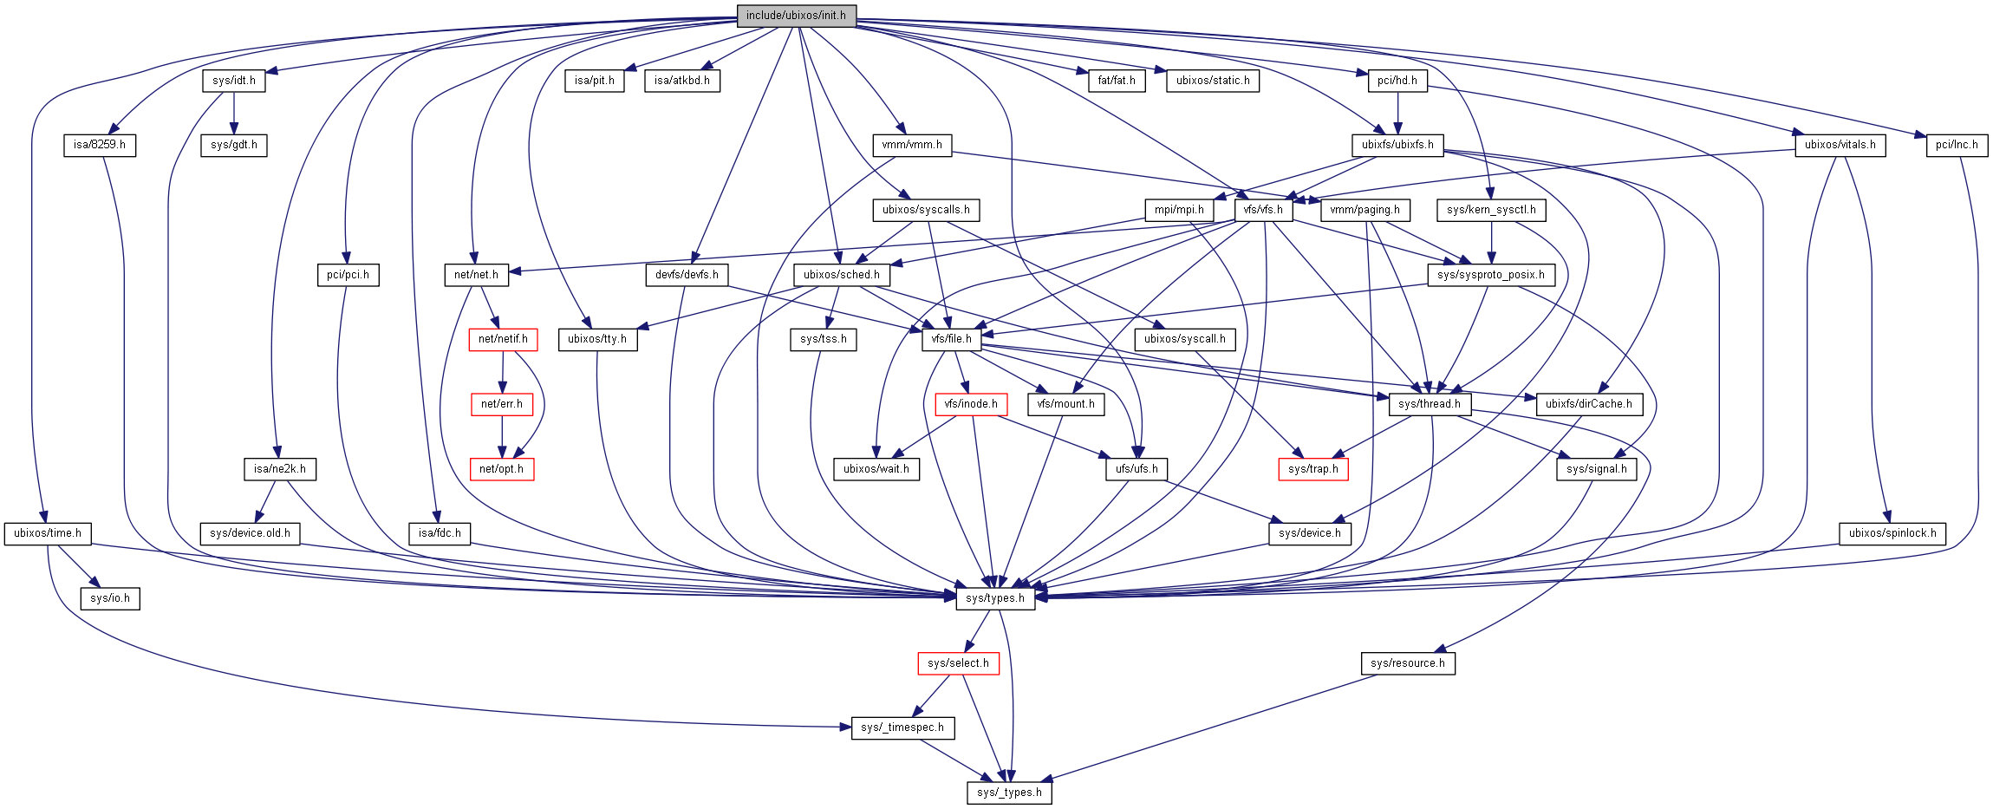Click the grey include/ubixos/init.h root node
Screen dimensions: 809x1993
(x=796, y=16)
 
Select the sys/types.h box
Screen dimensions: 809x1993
(x=995, y=598)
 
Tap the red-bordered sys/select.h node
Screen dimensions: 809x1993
(x=958, y=663)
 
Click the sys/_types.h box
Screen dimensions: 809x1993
(x=1009, y=793)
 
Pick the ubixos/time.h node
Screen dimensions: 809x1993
(x=48, y=533)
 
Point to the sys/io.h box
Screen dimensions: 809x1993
(x=110, y=598)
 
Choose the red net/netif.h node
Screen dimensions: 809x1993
(x=503, y=339)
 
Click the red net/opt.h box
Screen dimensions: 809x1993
(x=501, y=469)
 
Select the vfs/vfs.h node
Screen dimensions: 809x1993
(x=1263, y=210)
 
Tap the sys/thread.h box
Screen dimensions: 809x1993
(x=1430, y=404)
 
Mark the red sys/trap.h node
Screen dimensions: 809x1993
(x=1313, y=469)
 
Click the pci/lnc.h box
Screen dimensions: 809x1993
(x=1957, y=145)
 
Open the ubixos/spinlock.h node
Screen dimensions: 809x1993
(x=1892, y=533)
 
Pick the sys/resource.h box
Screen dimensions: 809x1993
(x=1408, y=663)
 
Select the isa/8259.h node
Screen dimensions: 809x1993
(x=100, y=145)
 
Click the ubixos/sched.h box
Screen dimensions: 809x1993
(x=842, y=275)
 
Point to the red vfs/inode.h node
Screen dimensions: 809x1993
(x=971, y=404)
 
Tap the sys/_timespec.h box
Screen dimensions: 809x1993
(x=902, y=727)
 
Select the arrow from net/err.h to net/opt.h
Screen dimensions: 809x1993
(x=501, y=437)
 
